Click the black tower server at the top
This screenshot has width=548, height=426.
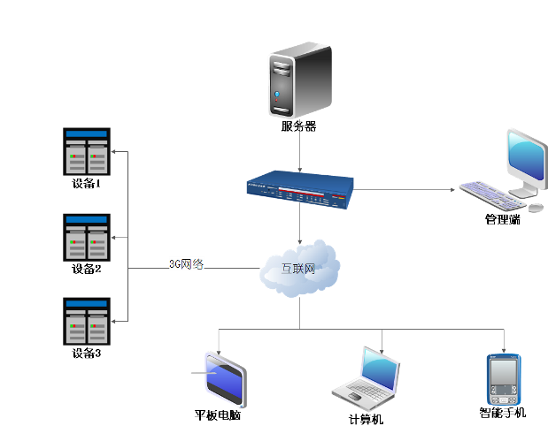click(299, 83)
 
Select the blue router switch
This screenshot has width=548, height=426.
click(300, 191)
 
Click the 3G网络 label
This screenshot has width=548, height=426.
click(187, 263)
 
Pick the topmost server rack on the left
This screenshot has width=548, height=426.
click(87, 152)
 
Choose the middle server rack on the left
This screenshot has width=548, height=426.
click(87, 237)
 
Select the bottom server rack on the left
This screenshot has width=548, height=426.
click(87, 321)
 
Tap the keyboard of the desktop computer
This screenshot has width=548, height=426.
click(490, 194)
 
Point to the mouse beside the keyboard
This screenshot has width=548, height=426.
click(536, 208)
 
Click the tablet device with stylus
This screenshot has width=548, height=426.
click(225, 380)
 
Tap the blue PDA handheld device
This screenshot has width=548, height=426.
click(504, 379)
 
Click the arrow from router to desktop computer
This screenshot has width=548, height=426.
click(407, 189)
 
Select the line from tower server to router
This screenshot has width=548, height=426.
click(300, 146)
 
